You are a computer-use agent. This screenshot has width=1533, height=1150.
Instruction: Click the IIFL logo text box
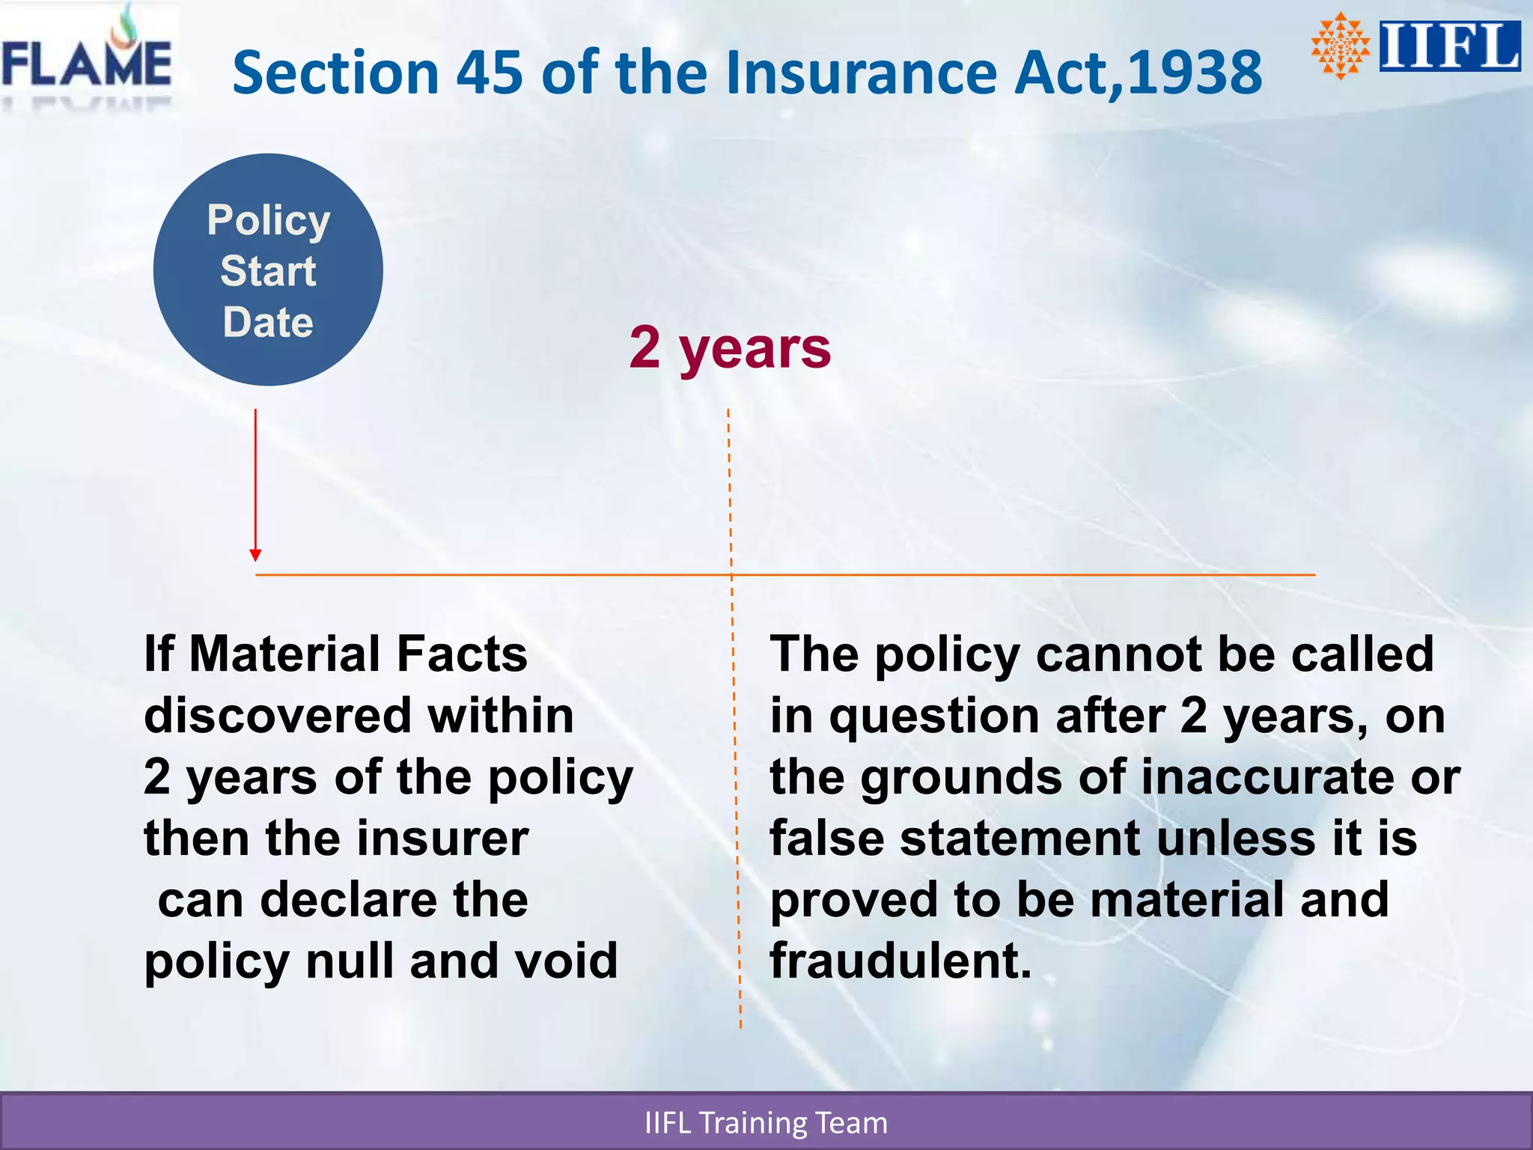[x=1450, y=46]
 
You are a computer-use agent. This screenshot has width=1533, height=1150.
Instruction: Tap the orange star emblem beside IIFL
[x=1341, y=46]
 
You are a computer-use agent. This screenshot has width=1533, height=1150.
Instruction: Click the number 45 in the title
[x=490, y=73]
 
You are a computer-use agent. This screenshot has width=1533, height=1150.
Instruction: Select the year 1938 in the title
[x=1195, y=73]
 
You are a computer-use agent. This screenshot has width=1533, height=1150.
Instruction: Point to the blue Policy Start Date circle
[x=268, y=270]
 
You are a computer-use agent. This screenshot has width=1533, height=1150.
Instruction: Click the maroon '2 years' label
[x=730, y=347]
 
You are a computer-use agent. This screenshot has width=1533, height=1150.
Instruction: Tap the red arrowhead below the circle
[x=255, y=555]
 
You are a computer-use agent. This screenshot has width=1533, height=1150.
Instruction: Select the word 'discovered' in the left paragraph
[x=278, y=715]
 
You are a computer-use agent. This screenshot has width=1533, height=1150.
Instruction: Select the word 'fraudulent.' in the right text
[x=900, y=961]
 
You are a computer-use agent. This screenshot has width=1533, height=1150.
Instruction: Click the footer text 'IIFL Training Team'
[x=766, y=1123]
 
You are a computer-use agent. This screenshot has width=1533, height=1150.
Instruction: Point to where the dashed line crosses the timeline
[x=731, y=575]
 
